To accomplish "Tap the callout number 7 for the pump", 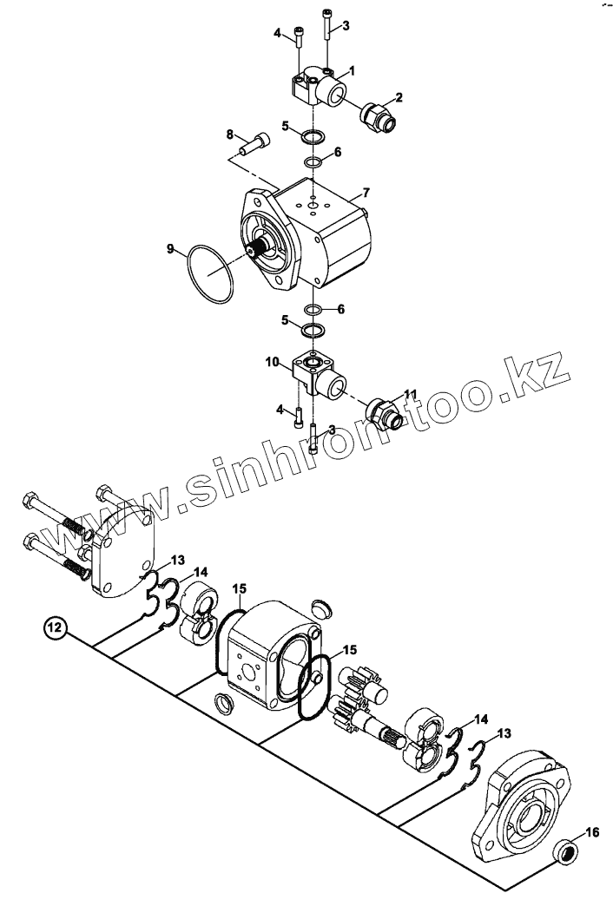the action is pyautogui.click(x=366, y=191).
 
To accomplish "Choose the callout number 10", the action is pyautogui.click(x=272, y=362).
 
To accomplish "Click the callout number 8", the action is pyautogui.click(x=230, y=134).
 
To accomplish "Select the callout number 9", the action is pyautogui.click(x=171, y=249).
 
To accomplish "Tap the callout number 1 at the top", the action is pyautogui.click(x=353, y=69).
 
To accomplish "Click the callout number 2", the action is pyautogui.click(x=399, y=96).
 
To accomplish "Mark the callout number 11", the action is pyautogui.click(x=410, y=394).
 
